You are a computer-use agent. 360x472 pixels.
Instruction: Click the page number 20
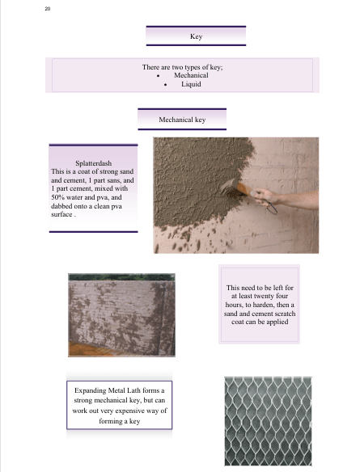[x=48, y=9]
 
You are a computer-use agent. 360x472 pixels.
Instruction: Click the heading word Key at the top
[x=196, y=36]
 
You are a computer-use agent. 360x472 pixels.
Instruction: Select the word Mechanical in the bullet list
[x=191, y=75]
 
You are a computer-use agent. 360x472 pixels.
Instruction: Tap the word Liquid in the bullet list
[x=191, y=84]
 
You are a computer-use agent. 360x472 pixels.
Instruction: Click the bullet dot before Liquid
[x=165, y=85]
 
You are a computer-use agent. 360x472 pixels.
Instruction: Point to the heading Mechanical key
[x=182, y=120]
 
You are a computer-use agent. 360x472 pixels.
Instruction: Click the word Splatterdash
[x=93, y=163]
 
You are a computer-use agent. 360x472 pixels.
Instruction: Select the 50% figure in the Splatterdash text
[x=57, y=197]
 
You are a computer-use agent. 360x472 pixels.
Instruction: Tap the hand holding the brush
[x=267, y=197]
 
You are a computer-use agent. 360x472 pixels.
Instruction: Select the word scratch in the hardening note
[x=283, y=314]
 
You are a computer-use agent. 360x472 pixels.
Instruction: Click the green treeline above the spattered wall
[x=121, y=277]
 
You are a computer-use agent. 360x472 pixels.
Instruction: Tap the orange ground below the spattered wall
[x=91, y=350]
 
